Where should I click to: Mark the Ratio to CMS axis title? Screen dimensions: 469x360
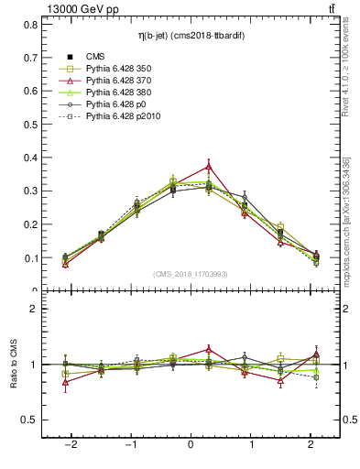click(x=13, y=364)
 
